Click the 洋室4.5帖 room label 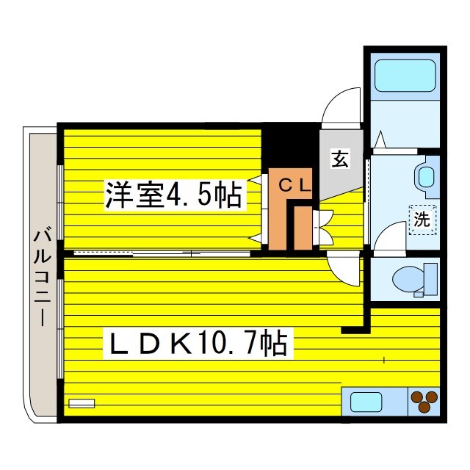[x=173, y=194]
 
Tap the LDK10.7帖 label [x=198, y=343]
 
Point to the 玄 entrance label [x=340, y=159]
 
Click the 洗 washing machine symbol [x=422, y=220]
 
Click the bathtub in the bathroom [x=405, y=76]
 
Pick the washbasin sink [x=426, y=177]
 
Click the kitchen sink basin [x=366, y=402]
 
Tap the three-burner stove [x=424, y=402]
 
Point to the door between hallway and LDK [x=344, y=270]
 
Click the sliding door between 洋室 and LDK [x=162, y=253]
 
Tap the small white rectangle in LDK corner [x=82, y=403]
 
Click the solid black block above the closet [x=289, y=147]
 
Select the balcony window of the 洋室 [x=60, y=203]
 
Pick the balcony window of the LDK [x=60, y=329]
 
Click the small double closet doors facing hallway [x=323, y=228]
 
